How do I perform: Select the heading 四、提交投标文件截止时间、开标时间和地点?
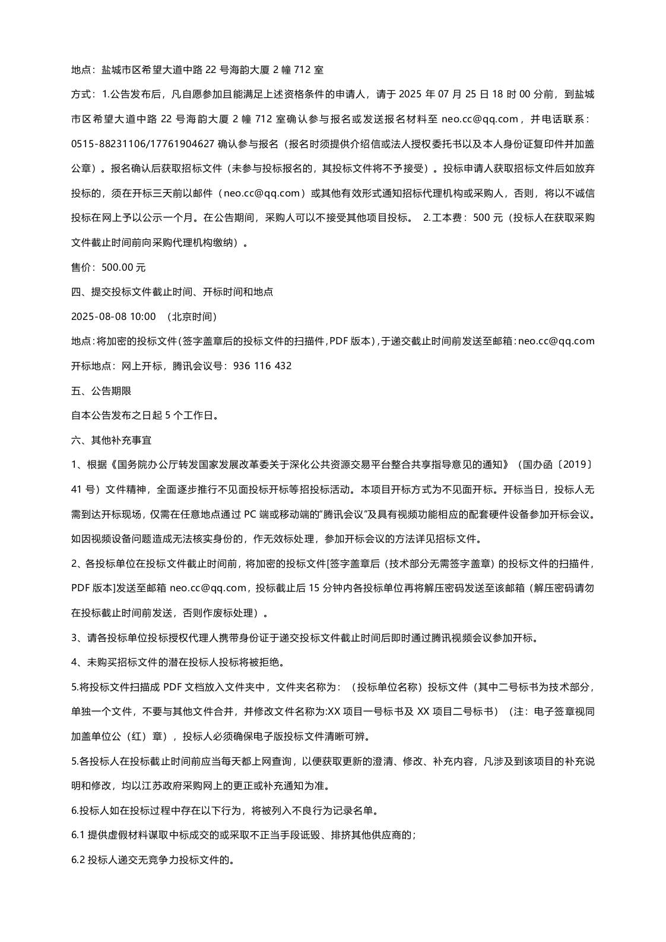click(172, 292)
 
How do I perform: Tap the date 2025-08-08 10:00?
click(113, 316)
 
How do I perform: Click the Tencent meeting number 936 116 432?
click(263, 366)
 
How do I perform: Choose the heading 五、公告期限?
click(101, 391)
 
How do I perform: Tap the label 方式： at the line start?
click(83, 94)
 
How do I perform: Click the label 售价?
click(81, 267)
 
